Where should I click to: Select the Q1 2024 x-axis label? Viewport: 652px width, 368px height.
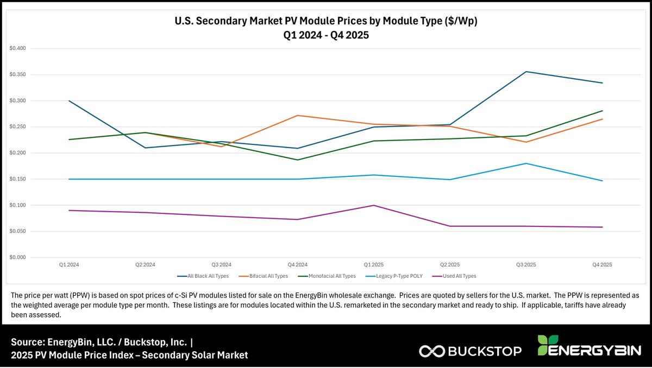69,265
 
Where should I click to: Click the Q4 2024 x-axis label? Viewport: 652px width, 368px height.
297,265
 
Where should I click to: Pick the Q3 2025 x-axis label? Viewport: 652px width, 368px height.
525,265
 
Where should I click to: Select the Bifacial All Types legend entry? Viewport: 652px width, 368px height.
266,276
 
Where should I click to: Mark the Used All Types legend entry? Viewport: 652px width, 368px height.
457,276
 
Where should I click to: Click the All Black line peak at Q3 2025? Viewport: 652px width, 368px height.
525,72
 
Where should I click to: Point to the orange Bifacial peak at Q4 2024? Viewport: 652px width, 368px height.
297,115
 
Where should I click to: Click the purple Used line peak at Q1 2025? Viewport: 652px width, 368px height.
373,205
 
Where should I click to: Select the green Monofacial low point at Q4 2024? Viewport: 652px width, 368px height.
297,160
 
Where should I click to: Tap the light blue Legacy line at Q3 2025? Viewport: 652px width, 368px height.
525,163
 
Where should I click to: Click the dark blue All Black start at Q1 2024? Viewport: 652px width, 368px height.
69,101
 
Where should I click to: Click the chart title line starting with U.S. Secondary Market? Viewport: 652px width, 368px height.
325,22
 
